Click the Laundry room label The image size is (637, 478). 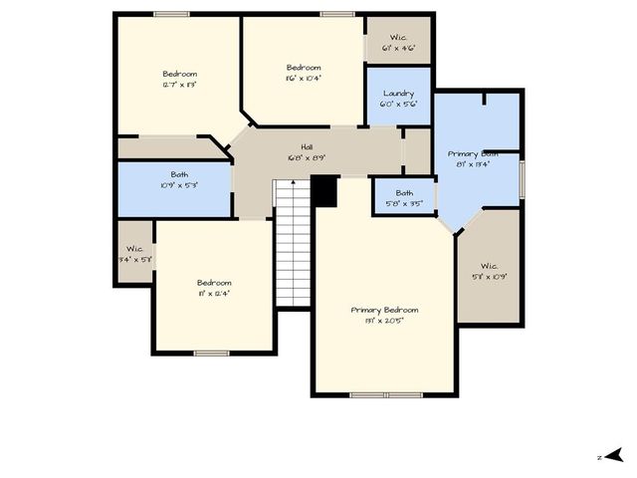[x=398, y=94]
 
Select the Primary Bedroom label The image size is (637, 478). [x=384, y=310]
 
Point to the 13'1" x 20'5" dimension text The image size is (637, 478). [x=384, y=321]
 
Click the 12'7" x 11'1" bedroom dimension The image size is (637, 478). [x=180, y=85]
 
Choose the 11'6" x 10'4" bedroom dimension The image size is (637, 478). [x=304, y=78]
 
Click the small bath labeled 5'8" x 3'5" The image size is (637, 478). [x=404, y=198]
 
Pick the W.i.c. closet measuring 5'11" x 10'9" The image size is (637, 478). [x=489, y=271]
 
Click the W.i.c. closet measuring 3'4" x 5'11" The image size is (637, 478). [x=133, y=253]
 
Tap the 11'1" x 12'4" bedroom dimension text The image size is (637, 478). [x=214, y=294]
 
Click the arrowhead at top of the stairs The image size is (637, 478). [x=293, y=183]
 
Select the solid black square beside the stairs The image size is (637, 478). [x=324, y=191]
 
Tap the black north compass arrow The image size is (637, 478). [x=614, y=455]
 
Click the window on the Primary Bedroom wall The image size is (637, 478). [x=386, y=395]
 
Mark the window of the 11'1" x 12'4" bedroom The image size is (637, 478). [x=212, y=353]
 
